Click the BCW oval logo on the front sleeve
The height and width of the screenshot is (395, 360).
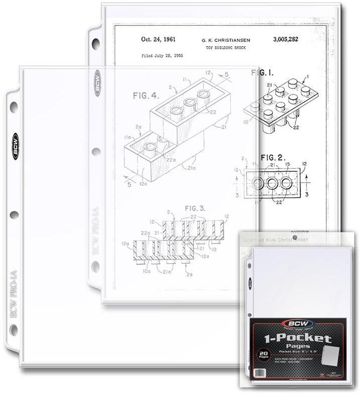click(x=16, y=146)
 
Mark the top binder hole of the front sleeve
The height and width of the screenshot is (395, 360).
click(x=14, y=107)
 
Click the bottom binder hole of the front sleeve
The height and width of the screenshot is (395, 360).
click(x=14, y=330)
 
